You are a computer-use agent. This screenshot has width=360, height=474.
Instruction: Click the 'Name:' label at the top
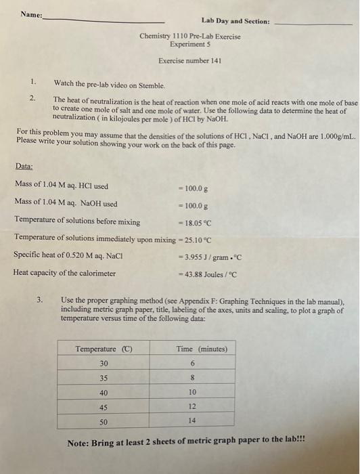point(31,14)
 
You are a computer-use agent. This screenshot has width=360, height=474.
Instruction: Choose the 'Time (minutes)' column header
point(202,349)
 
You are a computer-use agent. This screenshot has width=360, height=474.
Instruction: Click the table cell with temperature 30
point(104,364)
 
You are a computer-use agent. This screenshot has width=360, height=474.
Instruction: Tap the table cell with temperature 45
point(104,407)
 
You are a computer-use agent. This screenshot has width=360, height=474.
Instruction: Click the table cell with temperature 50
point(104,421)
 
